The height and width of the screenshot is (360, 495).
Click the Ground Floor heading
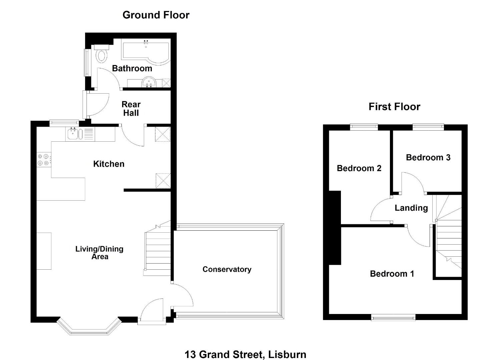pos(156,15)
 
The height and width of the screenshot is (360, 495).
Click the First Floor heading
pos(394,107)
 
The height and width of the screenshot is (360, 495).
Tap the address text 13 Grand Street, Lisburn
pos(245,348)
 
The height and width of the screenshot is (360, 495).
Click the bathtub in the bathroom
pos(146,53)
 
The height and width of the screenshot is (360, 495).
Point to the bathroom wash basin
pos(148,82)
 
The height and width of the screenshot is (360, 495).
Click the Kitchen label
pos(109,164)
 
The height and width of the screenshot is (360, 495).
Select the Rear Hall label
pos(131,109)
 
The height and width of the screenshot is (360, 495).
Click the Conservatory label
pos(227,269)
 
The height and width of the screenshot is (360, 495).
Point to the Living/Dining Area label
pos(99,253)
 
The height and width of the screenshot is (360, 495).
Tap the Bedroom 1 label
pos(392,274)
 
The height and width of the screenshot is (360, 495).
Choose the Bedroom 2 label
pos(359,168)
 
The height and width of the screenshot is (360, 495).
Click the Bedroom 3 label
pos(428,157)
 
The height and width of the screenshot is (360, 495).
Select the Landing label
pos(411,208)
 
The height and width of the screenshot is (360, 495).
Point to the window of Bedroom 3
pos(428,127)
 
